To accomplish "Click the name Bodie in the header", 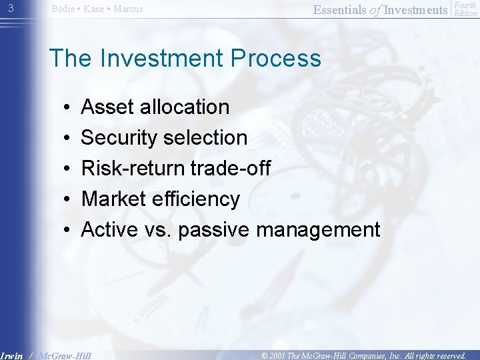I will coord(63,9).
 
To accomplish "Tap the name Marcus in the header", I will coord(128,9).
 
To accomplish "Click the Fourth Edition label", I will coord(465,9).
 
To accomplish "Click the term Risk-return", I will coord(133,168).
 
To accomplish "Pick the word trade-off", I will coord(231,168).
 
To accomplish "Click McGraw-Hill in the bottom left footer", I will coord(65,355).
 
